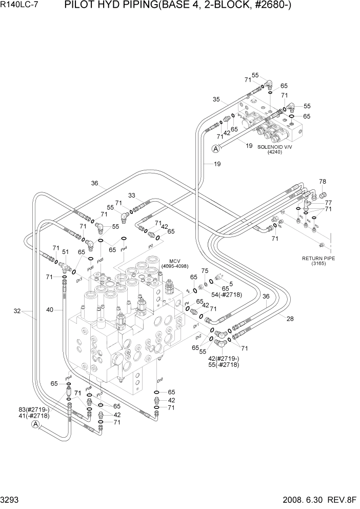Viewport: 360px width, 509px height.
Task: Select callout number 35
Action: point(216,100)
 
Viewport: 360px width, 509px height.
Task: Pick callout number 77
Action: point(328,203)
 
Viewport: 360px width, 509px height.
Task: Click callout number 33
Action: point(132,195)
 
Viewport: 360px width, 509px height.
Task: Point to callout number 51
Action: point(66,252)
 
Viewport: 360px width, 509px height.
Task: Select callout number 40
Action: point(50,309)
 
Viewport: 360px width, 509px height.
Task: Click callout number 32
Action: point(17,310)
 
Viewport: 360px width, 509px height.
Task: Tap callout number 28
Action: point(290,319)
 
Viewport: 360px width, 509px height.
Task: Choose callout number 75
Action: point(205,270)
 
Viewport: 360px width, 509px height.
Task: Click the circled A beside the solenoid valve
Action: point(216,149)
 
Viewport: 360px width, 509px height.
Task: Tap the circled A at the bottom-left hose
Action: point(35,424)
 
